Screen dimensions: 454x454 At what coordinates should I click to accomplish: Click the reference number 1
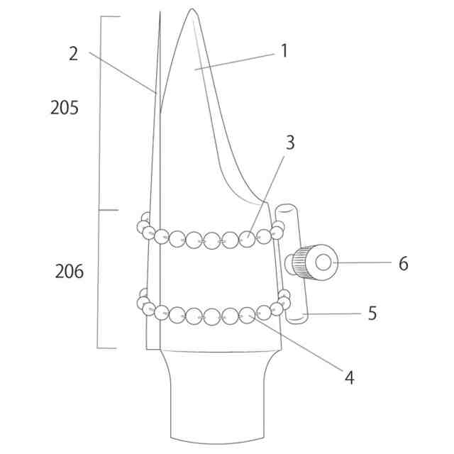(284, 51)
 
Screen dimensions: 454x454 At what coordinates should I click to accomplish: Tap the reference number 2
(73, 53)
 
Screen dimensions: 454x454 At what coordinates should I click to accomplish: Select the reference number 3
(289, 142)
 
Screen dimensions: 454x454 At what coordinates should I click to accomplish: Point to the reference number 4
(348, 377)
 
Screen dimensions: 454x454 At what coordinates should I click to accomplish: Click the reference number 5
(372, 313)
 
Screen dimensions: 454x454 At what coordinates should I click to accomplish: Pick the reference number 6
(403, 263)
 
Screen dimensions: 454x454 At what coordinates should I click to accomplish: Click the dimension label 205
(64, 108)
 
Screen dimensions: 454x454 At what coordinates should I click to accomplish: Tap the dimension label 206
(69, 271)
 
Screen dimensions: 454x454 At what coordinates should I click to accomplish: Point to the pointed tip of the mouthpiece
(192, 10)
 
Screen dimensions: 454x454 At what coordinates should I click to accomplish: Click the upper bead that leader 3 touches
(246, 238)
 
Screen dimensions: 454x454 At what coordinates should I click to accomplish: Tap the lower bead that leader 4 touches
(246, 314)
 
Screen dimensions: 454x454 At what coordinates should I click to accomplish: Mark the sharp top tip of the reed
(160, 16)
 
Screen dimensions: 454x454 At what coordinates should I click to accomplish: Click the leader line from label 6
(365, 262)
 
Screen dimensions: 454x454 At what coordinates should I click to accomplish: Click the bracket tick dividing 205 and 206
(106, 210)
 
